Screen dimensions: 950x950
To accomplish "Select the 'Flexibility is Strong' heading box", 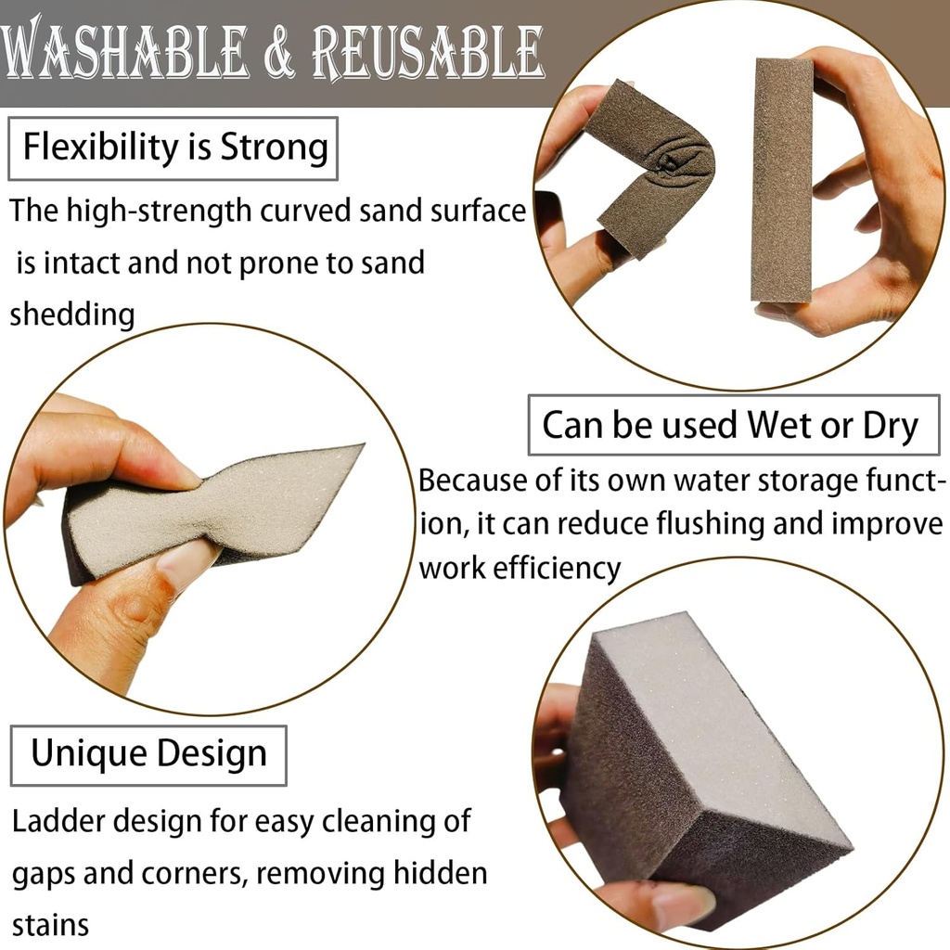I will pyautogui.click(x=173, y=148).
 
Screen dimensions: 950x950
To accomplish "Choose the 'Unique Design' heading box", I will pyautogui.click(x=148, y=753).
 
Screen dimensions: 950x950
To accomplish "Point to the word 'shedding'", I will pyautogui.click(x=72, y=315).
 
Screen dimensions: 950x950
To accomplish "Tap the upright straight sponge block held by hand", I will pyautogui.click(x=782, y=181).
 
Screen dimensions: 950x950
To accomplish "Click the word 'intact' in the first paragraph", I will pyautogui.click(x=83, y=263).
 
